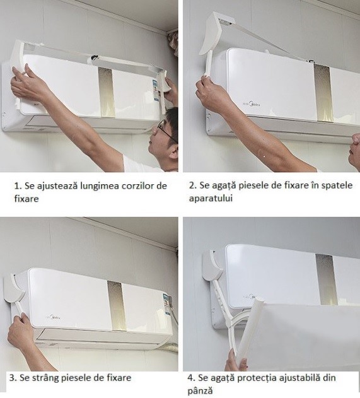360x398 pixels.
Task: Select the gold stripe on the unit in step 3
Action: click(x=115, y=302)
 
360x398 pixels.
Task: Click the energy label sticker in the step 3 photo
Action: click(x=165, y=302)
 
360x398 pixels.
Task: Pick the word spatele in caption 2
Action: click(x=327, y=185)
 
